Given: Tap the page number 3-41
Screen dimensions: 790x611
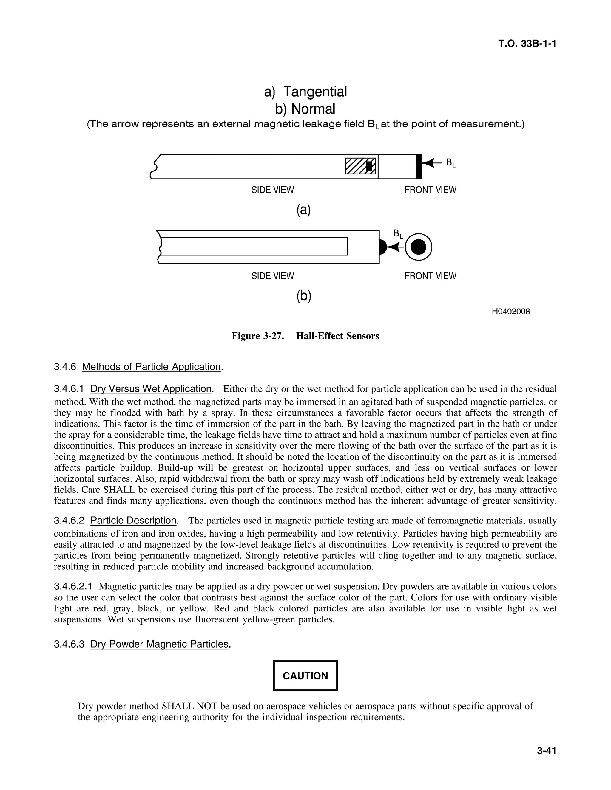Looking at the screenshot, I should point(546,751).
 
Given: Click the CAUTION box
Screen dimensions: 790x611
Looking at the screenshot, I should point(305,676).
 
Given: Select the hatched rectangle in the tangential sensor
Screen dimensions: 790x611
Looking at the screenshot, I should point(360,166).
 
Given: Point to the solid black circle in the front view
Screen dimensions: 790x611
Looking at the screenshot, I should point(419,247).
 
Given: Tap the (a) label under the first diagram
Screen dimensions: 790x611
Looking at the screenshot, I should point(303,210).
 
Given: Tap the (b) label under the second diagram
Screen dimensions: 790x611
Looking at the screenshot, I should point(304,296).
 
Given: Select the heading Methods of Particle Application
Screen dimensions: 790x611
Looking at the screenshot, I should point(151,367).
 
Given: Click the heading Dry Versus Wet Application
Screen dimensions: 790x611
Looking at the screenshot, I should point(151,389).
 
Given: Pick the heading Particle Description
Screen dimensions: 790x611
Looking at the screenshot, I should point(133,521).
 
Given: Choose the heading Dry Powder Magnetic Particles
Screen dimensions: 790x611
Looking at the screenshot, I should point(160,644).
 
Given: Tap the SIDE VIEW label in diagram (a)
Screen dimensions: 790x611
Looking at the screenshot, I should point(273,190).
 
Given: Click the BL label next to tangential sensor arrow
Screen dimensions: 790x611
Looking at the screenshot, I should point(451,163).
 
